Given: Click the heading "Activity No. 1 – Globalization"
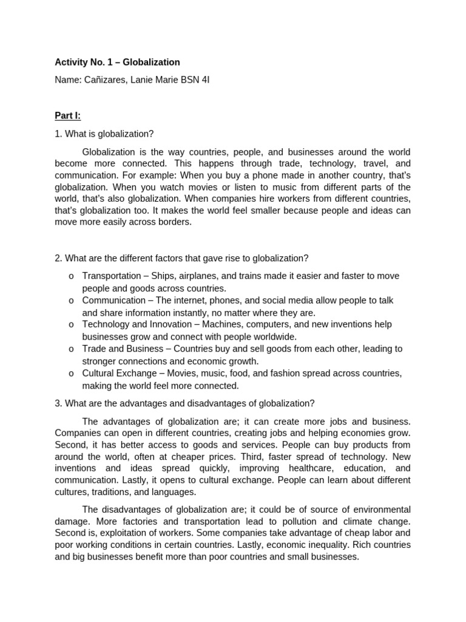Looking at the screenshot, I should click(117, 62).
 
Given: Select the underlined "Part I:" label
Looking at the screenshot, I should click(67, 115).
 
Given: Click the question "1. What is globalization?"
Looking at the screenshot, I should click(104, 134).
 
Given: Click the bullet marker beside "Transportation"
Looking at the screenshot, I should click(72, 276).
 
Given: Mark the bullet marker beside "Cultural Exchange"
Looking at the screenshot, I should click(72, 374).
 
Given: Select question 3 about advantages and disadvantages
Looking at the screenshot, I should click(184, 403).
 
